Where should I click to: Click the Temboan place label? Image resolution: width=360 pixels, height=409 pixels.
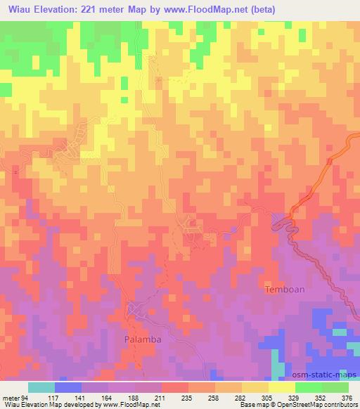click(x=284, y=289)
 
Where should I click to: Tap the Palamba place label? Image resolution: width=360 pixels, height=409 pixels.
click(x=144, y=339)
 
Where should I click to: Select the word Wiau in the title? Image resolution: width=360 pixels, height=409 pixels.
click(x=18, y=10)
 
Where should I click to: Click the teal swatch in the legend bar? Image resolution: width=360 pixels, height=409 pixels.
click(x=41, y=387)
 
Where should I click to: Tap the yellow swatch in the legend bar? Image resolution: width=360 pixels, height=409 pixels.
click(x=282, y=387)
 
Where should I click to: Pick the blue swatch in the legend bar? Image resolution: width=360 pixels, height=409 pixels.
click(x=68, y=387)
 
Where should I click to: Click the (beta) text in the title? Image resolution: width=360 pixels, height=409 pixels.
click(x=259, y=10)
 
